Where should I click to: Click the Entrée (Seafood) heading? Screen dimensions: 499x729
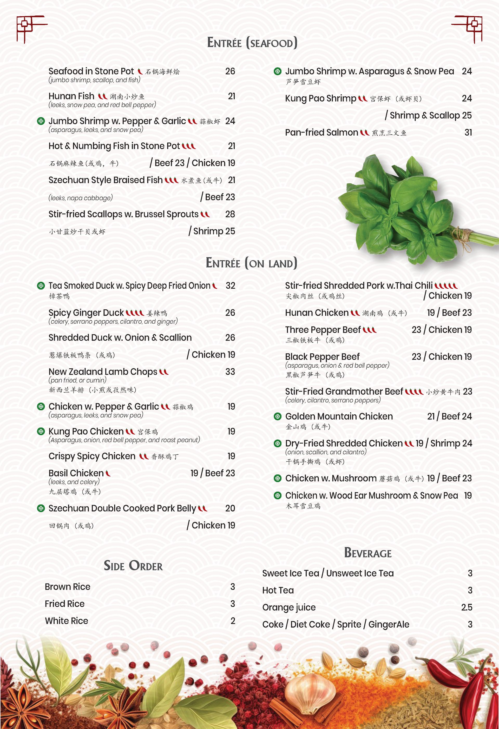click(252, 43)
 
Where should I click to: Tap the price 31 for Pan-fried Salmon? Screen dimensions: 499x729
click(468, 133)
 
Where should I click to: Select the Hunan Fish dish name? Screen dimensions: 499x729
click(71, 96)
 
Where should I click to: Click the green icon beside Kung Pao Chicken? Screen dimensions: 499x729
click(41, 432)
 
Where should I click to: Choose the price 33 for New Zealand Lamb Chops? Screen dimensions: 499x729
click(230, 372)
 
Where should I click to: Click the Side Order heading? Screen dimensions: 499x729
click(133, 566)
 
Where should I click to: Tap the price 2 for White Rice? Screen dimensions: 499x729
click(233, 621)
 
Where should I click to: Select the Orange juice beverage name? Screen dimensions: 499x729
click(289, 608)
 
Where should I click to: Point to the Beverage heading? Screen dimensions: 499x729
click(368, 553)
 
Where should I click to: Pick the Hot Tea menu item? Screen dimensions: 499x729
click(278, 590)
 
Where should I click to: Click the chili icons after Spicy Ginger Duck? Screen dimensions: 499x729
click(135, 313)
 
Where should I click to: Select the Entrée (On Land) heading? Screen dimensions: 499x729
click(251, 263)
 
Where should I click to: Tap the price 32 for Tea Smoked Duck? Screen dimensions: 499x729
click(230, 286)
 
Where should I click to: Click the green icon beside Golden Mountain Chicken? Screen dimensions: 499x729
click(277, 416)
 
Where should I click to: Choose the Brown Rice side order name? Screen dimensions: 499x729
click(68, 587)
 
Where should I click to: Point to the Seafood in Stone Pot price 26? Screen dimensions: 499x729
click(230, 71)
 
